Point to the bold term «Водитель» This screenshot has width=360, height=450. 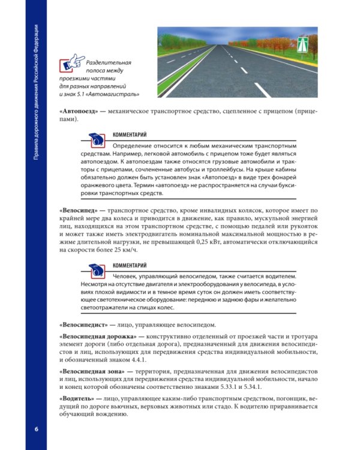click(x=77, y=398)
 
